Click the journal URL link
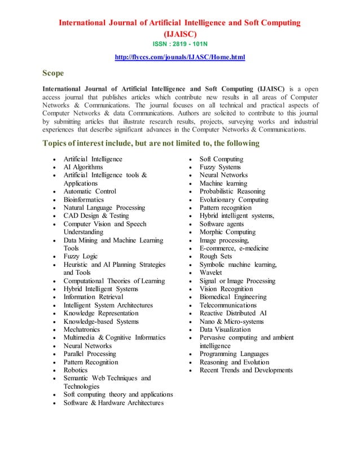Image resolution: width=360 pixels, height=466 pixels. tap(179, 57)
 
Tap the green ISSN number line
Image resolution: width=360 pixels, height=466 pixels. tap(179, 43)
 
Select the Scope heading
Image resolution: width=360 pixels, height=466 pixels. tap(53, 73)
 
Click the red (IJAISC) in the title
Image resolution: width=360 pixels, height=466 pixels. tap(179, 33)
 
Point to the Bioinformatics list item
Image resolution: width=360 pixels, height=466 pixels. tap(84, 200)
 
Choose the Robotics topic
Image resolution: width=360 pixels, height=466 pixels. tap(76, 370)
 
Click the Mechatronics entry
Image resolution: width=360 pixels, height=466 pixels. tap(82, 329)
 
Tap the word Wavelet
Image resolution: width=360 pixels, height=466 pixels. tap(212, 272)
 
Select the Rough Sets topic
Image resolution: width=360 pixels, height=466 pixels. tap(216, 256)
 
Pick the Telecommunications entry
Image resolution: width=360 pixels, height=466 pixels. tap(228, 305)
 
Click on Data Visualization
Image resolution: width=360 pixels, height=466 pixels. tap(225, 329)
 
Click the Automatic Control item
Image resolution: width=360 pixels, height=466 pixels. tap(90, 191)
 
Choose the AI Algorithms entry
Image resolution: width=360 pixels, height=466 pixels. tap(83, 167)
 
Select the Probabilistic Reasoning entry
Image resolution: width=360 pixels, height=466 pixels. tap(232, 191)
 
